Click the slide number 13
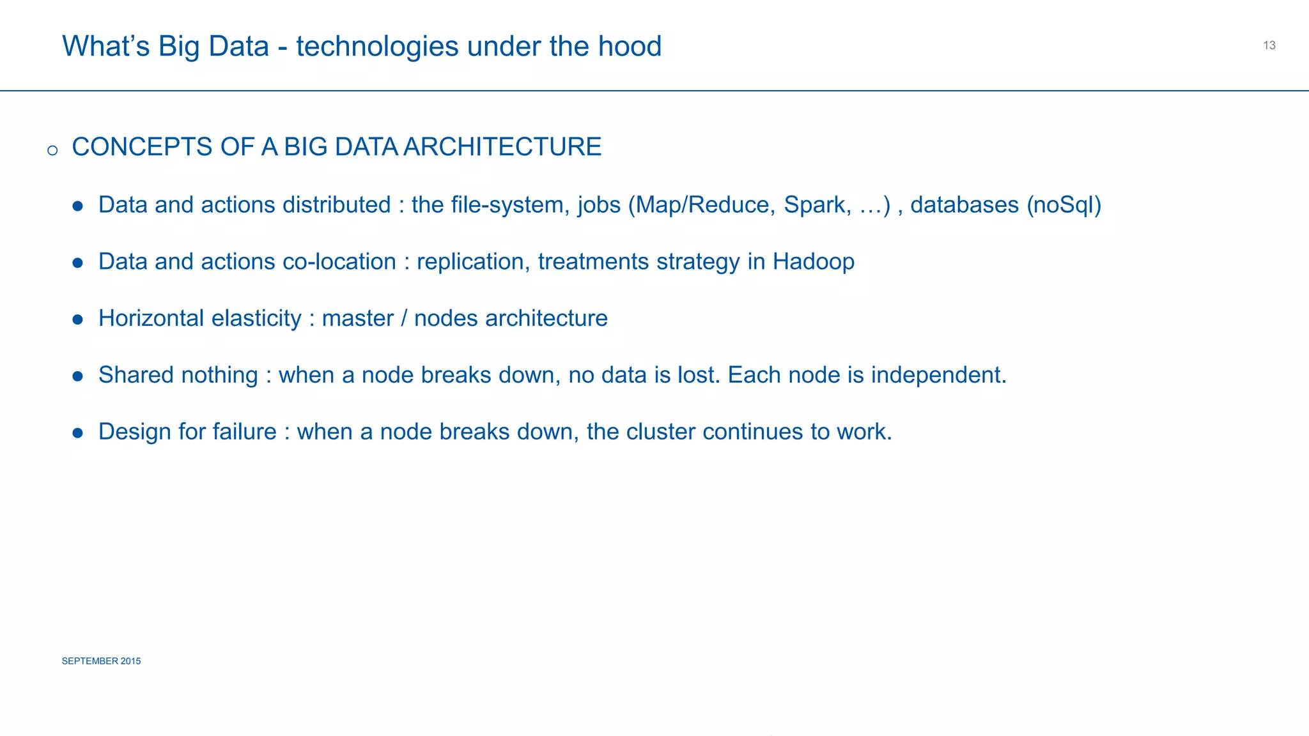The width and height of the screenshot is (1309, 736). (x=1269, y=45)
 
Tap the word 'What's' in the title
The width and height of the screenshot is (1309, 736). (x=105, y=46)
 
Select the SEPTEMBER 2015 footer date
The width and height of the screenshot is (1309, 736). (x=101, y=661)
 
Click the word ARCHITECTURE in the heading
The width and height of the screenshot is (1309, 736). (x=502, y=147)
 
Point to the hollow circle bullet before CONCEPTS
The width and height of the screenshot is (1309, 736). (x=52, y=151)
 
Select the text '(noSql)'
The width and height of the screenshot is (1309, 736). (x=1064, y=205)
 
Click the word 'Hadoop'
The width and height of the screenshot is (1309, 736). (x=813, y=262)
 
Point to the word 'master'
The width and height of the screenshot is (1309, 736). (x=357, y=318)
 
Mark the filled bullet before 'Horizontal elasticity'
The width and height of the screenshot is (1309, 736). (x=78, y=319)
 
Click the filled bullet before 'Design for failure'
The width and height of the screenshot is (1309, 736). (x=78, y=433)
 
